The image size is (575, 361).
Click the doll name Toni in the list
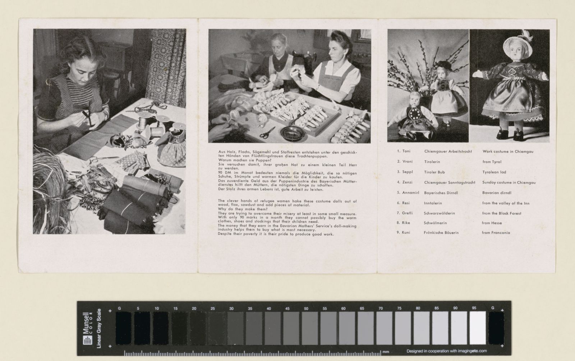point(406,151)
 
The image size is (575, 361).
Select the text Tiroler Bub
point(434,172)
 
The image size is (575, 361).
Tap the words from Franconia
point(496,233)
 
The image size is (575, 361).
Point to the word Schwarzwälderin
point(439,213)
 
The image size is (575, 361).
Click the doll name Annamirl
point(410,193)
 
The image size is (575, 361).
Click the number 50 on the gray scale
point(306,308)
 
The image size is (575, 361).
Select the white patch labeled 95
point(478,328)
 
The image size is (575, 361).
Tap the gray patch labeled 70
point(384,328)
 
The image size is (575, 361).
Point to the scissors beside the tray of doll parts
point(267,132)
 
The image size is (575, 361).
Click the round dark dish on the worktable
point(293,133)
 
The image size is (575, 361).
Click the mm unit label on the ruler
point(386,352)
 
